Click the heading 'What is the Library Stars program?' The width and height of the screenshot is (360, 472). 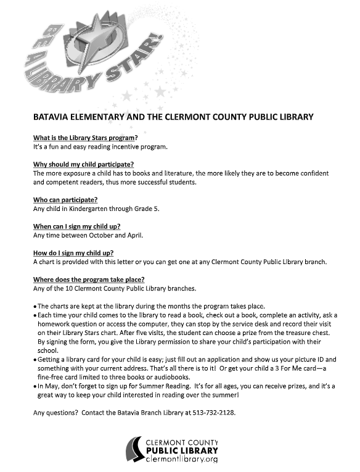(85, 138)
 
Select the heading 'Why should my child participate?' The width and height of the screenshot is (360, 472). (83, 165)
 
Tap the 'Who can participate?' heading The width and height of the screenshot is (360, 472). (65, 200)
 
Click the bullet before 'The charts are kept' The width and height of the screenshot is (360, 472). (35, 306)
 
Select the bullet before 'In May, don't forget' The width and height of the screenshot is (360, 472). (35, 386)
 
